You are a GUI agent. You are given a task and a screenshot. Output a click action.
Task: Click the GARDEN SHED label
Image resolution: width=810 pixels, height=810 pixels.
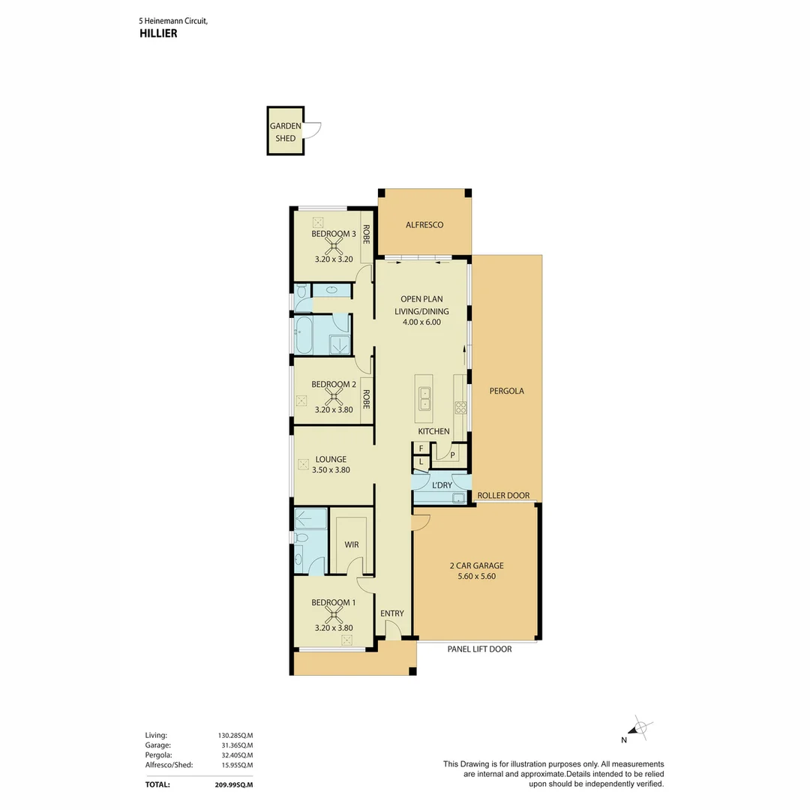click(286, 132)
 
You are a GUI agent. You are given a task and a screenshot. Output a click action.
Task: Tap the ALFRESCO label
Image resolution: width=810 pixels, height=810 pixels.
click(424, 225)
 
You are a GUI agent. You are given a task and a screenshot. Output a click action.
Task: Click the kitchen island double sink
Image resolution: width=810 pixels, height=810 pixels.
click(425, 397)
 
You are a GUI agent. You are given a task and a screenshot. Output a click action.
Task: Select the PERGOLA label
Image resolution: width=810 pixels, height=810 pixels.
click(506, 391)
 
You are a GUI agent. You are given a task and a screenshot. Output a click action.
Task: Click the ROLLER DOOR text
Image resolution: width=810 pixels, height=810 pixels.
click(504, 496)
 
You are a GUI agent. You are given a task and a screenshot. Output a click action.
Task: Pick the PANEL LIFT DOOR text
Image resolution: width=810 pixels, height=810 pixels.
click(479, 649)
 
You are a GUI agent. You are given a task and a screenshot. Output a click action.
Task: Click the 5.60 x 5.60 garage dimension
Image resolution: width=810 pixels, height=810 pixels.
click(477, 577)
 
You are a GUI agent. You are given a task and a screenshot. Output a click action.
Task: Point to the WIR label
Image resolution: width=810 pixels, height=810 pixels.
click(352, 544)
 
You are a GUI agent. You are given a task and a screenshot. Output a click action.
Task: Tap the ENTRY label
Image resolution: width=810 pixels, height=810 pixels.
click(391, 613)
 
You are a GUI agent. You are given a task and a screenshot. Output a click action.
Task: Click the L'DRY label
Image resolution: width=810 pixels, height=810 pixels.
click(442, 485)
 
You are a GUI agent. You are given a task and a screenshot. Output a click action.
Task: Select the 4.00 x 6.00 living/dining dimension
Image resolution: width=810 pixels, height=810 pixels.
click(424, 322)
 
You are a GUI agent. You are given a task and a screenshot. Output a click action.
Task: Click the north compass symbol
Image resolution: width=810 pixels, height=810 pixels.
click(640, 727)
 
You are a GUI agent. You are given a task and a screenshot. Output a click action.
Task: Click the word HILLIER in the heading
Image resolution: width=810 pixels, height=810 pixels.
click(158, 34)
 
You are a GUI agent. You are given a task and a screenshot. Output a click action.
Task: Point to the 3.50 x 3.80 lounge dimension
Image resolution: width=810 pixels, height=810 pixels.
click(331, 470)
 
